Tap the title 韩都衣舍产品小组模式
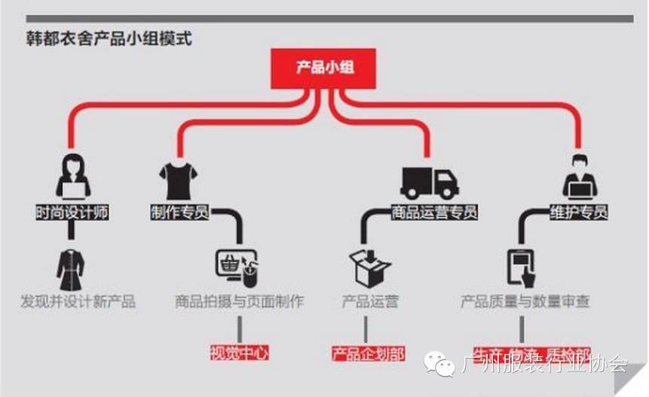(x=109, y=38)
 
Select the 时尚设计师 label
(x=72, y=212)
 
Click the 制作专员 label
(x=179, y=212)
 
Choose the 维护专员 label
(x=578, y=212)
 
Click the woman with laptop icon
(x=73, y=176)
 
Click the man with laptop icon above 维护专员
(x=579, y=176)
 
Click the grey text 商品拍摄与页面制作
(x=240, y=302)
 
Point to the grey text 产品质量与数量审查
(x=525, y=302)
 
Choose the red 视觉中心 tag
(x=239, y=352)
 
